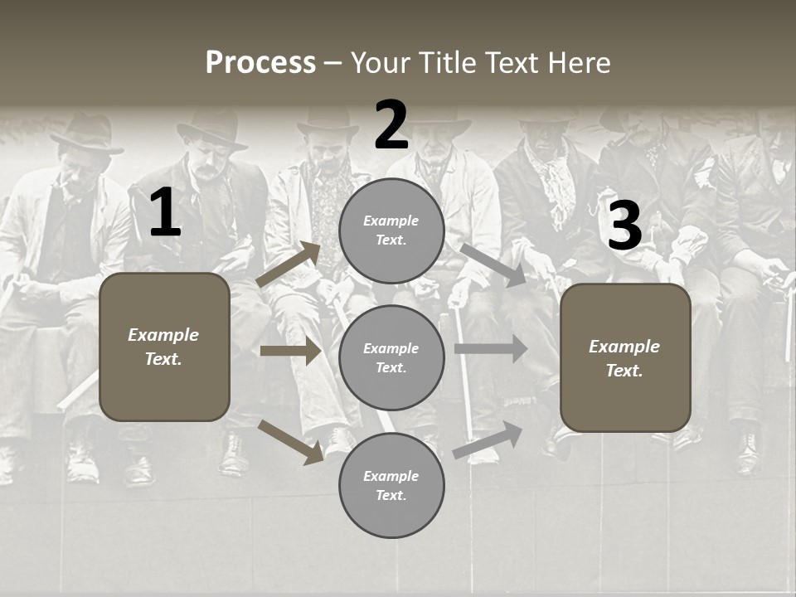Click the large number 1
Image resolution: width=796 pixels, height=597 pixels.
tap(165, 213)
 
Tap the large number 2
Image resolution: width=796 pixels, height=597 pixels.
tap(391, 126)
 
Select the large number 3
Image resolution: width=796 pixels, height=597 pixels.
tap(624, 226)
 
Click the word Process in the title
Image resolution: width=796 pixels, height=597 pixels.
tap(260, 63)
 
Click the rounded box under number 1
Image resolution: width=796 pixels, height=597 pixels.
tap(164, 347)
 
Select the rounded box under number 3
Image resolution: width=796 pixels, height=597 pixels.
tap(625, 358)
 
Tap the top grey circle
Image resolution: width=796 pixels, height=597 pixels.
tap(391, 231)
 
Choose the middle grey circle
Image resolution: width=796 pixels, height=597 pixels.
tap(391, 357)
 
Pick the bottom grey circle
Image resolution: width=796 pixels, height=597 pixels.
tap(391, 485)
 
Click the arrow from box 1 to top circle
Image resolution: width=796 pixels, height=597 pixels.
tap(289, 264)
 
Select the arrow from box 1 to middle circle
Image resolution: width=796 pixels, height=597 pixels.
tap(290, 351)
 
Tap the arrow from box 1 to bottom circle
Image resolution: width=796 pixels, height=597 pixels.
tap(290, 441)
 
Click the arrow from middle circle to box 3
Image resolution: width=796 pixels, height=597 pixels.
tap(491, 349)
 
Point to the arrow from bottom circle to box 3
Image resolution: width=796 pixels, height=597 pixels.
tap(488, 439)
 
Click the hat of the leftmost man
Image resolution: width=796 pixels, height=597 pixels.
tap(87, 136)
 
